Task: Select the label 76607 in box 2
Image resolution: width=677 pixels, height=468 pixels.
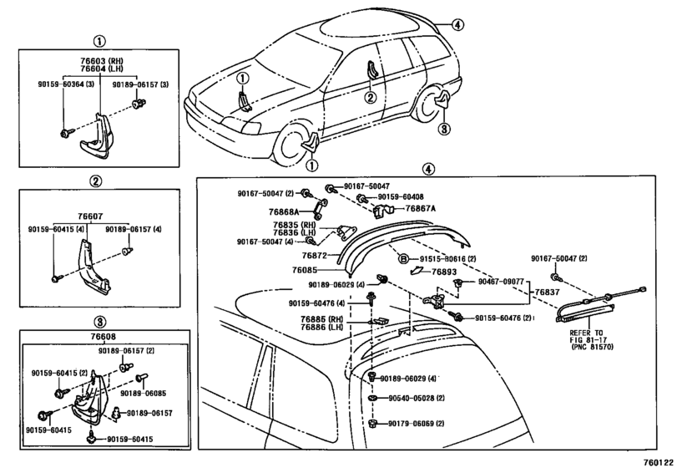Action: (x=90, y=216)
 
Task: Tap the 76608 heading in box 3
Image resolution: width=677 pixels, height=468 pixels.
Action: (x=104, y=337)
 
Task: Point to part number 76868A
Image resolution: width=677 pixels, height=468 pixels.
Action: (x=284, y=211)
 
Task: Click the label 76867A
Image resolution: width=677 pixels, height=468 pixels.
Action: (x=421, y=209)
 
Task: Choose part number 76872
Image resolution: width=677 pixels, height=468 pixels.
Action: (x=315, y=256)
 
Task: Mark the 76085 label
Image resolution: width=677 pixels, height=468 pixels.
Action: (x=305, y=270)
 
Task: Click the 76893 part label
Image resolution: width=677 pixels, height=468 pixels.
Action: (x=444, y=272)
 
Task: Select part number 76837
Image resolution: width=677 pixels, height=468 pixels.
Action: (x=547, y=292)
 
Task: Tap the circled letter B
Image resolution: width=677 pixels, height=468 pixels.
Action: (x=403, y=259)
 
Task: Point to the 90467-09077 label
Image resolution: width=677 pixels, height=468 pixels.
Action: (x=501, y=282)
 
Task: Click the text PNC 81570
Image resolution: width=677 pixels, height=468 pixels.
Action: (x=592, y=347)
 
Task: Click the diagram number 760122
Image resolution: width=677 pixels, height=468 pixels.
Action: (x=658, y=462)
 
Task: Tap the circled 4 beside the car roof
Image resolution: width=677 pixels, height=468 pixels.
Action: (x=457, y=25)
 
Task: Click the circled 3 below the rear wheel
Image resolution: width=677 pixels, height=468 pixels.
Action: (x=444, y=129)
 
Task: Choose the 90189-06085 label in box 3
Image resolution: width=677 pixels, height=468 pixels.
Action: (x=144, y=394)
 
